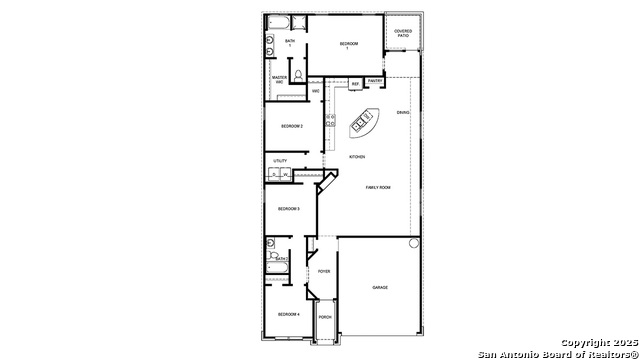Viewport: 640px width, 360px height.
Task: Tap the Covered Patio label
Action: click(x=403, y=33)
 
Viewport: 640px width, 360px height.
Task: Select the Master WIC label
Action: click(x=280, y=79)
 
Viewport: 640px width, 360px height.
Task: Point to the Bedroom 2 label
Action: click(x=291, y=126)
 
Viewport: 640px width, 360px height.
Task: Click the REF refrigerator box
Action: click(x=354, y=84)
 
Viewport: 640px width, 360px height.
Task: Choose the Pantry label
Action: click(x=374, y=80)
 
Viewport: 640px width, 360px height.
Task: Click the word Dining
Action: click(x=402, y=112)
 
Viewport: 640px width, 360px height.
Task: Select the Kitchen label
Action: click(x=357, y=157)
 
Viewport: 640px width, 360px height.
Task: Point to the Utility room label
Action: click(x=280, y=160)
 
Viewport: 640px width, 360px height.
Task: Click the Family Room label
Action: click(x=378, y=188)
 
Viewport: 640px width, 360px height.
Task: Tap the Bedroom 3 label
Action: click(x=289, y=208)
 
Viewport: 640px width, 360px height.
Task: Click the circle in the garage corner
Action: click(x=413, y=243)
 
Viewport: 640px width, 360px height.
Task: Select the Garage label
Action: click(x=380, y=288)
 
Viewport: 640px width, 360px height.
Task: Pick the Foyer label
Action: click(x=324, y=271)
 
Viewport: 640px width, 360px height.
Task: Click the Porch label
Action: click(x=324, y=317)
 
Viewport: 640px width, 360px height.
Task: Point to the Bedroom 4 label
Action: click(x=289, y=315)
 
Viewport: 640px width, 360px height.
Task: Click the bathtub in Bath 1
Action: click(x=276, y=23)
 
